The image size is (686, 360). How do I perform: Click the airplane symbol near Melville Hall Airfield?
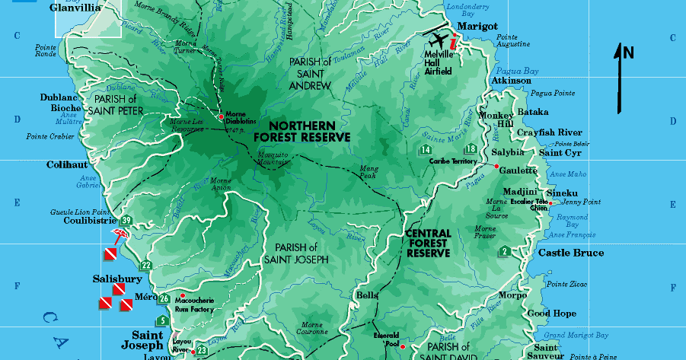(439, 40)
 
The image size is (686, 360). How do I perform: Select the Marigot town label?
(477, 26)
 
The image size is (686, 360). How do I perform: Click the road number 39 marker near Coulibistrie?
(127, 221)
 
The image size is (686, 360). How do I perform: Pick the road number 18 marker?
(471, 149)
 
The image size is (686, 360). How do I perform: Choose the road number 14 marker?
(425, 150)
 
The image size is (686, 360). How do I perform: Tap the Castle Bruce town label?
(571, 253)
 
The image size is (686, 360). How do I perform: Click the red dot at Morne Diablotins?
(222, 116)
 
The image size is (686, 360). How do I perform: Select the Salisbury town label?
(117, 279)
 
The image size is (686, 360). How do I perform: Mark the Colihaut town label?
(67, 164)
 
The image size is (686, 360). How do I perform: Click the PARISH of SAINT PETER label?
(116, 104)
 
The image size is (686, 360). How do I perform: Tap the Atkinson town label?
(511, 81)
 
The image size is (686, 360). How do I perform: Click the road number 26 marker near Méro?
(164, 298)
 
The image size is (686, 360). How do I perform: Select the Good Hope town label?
(551, 313)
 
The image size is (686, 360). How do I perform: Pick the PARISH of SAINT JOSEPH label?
(296, 253)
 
